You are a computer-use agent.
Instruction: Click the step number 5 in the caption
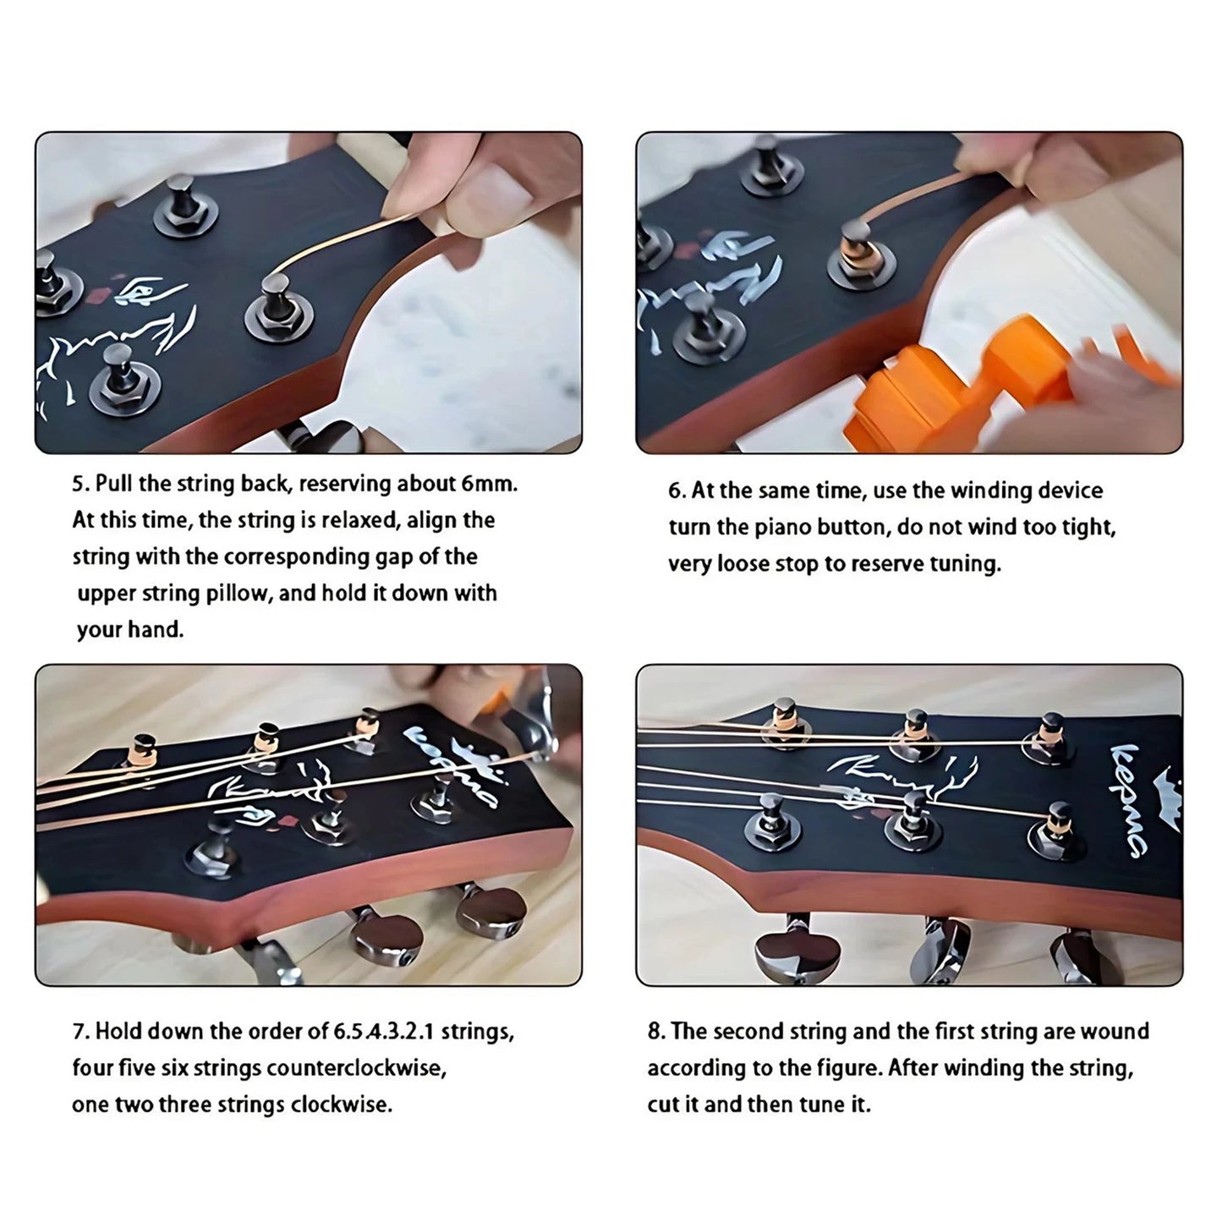pyautogui.click(x=79, y=485)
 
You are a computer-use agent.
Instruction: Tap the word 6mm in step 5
pyautogui.click(x=488, y=485)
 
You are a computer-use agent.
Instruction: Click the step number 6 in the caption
pyautogui.click(x=676, y=491)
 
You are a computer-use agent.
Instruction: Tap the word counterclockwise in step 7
pyautogui.click(x=355, y=1068)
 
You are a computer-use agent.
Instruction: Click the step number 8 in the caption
pyautogui.click(x=655, y=1032)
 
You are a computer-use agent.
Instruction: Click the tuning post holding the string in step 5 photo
pyautogui.click(x=276, y=296)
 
